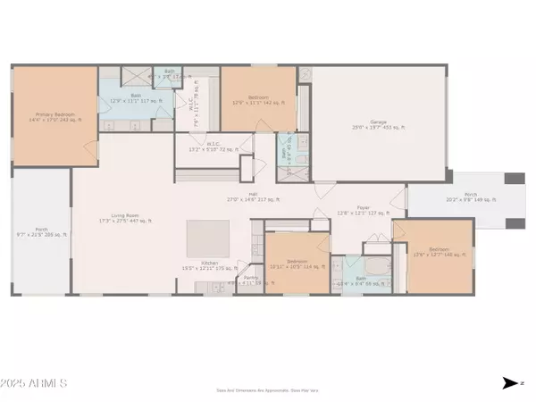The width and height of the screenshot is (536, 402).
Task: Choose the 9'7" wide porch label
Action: pyautogui.click(x=41, y=233)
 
